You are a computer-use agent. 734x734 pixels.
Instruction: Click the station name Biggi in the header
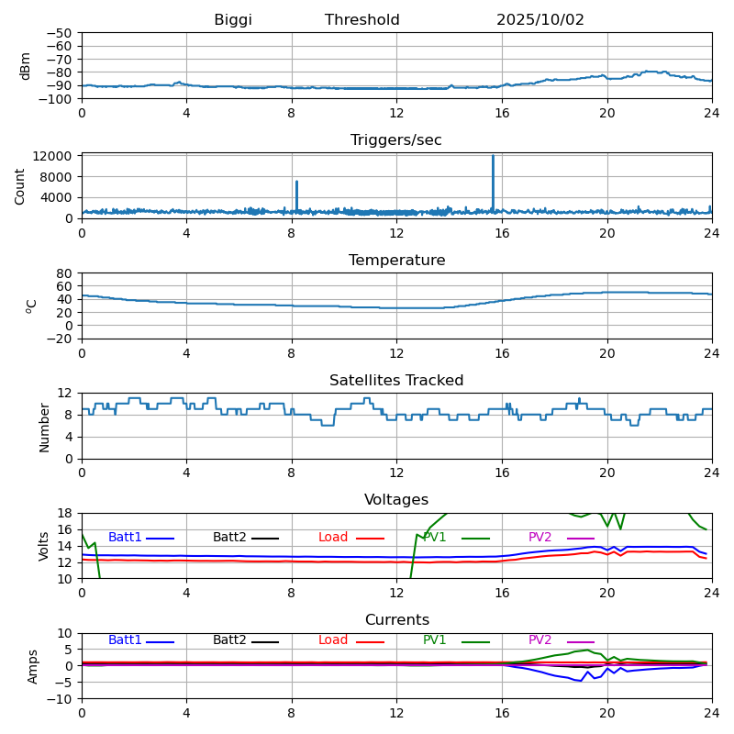(233, 20)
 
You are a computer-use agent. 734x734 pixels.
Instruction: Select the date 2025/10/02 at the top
(540, 20)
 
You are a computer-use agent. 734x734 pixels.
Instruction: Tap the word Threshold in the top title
(362, 20)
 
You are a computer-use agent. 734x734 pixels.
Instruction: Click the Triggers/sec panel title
(396, 140)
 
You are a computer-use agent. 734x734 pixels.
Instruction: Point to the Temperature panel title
(396, 261)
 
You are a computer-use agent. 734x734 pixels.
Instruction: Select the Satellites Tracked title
(396, 381)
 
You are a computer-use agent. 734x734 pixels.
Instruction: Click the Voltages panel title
(396, 500)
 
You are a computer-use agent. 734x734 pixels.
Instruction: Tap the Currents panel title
(396, 620)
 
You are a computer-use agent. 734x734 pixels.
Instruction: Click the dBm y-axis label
(26, 65)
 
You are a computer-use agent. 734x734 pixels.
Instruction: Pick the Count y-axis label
(20, 185)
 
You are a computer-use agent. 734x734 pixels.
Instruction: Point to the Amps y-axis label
(33, 666)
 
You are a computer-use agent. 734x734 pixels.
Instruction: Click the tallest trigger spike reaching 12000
(493, 158)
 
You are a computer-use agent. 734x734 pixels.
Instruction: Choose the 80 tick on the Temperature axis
(64, 273)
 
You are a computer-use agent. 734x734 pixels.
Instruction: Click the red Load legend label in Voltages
(333, 538)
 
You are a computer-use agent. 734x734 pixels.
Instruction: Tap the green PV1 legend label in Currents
(435, 640)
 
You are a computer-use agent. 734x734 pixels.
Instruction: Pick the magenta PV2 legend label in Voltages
(540, 538)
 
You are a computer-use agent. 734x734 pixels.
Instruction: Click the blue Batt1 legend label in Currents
(125, 640)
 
